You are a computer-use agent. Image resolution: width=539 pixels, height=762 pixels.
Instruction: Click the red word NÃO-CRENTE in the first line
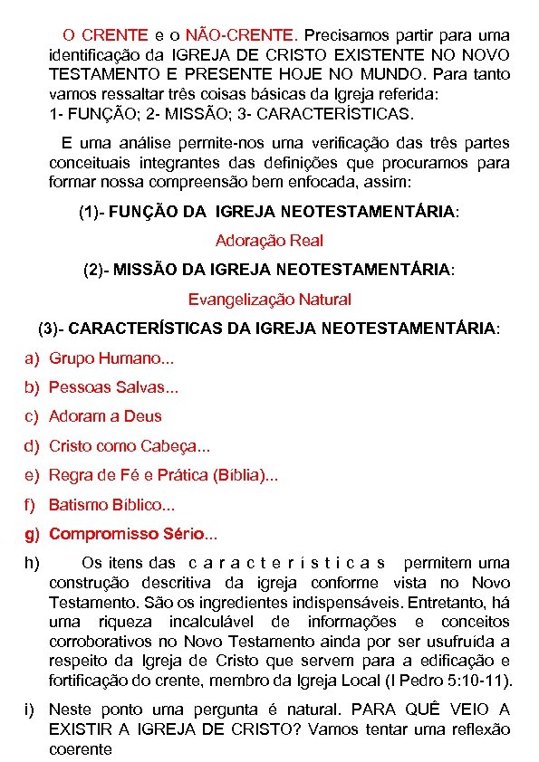(240, 35)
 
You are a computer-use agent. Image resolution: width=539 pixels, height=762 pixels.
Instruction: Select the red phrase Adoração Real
(269, 241)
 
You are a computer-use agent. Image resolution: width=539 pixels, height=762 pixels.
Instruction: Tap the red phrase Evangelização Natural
(269, 299)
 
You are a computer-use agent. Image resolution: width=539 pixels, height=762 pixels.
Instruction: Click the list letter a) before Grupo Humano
(32, 358)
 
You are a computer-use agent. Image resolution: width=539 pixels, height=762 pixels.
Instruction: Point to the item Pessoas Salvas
(113, 387)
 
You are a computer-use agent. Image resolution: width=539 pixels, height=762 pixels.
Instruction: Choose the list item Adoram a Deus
(105, 416)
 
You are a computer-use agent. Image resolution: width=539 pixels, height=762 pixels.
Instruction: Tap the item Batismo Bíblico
(111, 504)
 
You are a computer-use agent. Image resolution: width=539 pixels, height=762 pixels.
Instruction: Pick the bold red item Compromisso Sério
(132, 533)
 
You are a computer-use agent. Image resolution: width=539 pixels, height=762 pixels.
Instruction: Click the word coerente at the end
(81, 749)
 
